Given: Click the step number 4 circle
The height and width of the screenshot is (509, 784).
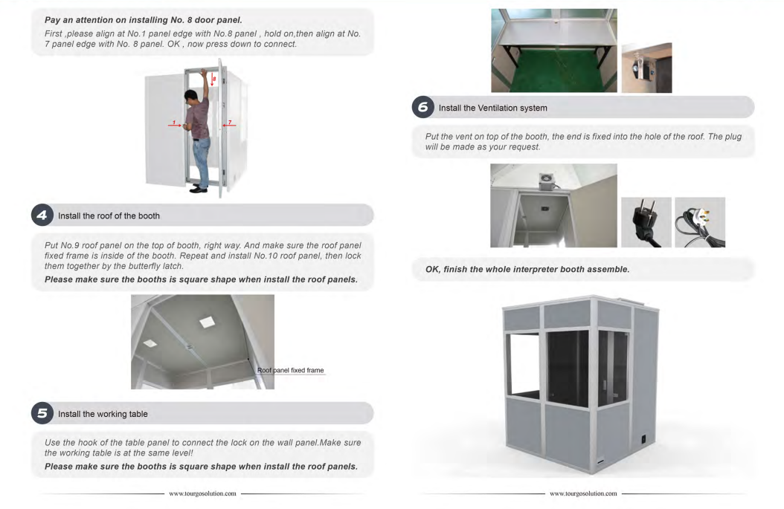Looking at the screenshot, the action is (42, 215).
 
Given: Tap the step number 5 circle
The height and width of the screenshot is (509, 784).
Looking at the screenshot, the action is (42, 414).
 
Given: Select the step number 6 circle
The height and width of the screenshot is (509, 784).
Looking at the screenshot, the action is (423, 108).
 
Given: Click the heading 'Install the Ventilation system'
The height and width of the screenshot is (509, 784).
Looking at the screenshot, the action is (492, 108).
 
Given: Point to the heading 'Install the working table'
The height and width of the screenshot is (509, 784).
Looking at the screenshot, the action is (103, 414).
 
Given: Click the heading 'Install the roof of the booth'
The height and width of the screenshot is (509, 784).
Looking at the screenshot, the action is (109, 215).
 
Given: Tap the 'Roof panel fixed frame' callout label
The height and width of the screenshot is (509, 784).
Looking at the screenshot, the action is (291, 370).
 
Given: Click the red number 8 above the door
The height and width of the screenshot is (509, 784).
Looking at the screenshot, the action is (214, 79).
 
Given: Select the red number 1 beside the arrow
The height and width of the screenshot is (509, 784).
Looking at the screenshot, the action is (174, 123).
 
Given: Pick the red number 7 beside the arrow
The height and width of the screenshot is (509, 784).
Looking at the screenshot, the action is (230, 123).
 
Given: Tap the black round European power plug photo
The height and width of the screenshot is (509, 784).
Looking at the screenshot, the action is (646, 222).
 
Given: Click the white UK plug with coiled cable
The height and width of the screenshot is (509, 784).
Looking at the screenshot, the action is (700, 222).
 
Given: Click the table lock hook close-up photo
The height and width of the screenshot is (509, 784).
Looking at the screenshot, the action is (646, 68).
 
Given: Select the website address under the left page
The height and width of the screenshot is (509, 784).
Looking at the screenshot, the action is (202, 493).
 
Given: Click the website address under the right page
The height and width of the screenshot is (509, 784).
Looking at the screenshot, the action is (583, 493).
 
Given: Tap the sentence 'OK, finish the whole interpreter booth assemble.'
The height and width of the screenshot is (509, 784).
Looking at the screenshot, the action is (527, 269).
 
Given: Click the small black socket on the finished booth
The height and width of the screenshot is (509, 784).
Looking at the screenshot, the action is (643, 440).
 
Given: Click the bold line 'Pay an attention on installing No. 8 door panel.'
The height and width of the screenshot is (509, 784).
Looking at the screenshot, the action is (144, 20).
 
